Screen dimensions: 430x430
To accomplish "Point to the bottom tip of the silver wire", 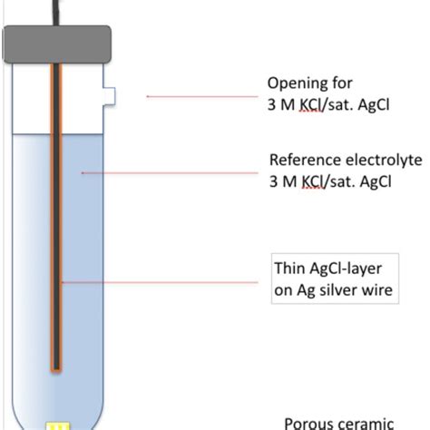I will (56, 366).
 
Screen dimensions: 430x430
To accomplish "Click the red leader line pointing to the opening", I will (200, 94).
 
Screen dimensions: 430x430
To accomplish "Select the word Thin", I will (290, 269).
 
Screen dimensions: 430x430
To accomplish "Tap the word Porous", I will (309, 423).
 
